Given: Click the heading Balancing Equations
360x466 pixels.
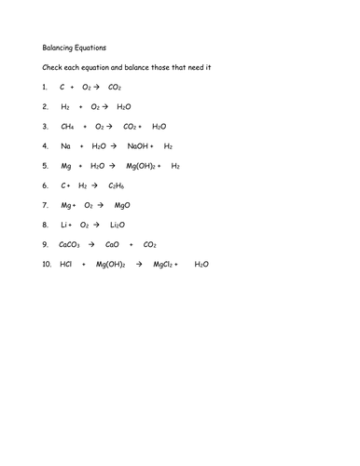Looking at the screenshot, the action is [x=72, y=46].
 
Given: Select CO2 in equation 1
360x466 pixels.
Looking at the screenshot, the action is [x=115, y=86].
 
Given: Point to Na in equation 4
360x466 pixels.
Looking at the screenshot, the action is [x=65, y=145].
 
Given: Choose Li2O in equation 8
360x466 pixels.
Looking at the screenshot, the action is [x=117, y=225].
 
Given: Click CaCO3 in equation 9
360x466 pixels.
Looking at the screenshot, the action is [x=69, y=244].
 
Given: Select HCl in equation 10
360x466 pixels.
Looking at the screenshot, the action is [x=65, y=264].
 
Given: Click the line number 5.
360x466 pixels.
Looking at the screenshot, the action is [x=44, y=165].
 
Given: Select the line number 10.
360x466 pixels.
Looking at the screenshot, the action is [x=46, y=264].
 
